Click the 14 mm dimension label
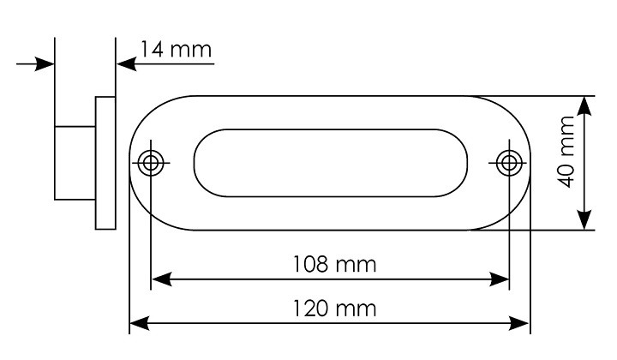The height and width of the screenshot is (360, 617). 176,50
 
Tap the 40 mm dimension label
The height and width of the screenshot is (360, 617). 566,152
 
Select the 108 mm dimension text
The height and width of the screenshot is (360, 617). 335,264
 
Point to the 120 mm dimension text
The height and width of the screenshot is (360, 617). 335,308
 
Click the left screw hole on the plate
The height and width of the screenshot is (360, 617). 151,163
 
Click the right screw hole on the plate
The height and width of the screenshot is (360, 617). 509,163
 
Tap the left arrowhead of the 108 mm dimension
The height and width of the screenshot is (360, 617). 162,279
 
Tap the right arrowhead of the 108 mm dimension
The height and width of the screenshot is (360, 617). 499,279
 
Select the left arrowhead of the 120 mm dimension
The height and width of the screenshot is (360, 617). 140,323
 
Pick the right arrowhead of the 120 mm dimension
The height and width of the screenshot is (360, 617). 519,323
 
